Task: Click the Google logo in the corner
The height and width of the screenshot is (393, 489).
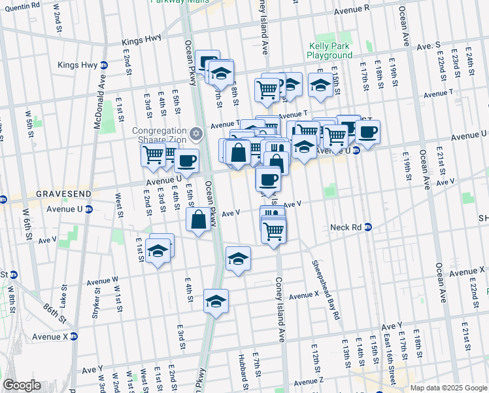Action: tap(21, 385)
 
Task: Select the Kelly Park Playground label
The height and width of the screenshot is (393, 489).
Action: tap(329, 51)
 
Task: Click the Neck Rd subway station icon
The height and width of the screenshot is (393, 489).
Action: tap(368, 227)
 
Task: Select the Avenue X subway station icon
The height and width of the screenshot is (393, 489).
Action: tap(75, 337)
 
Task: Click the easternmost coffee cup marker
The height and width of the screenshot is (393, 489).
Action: tap(368, 132)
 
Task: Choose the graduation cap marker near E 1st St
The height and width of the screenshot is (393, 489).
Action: tap(158, 250)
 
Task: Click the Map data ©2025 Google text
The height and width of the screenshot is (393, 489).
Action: tap(448, 388)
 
